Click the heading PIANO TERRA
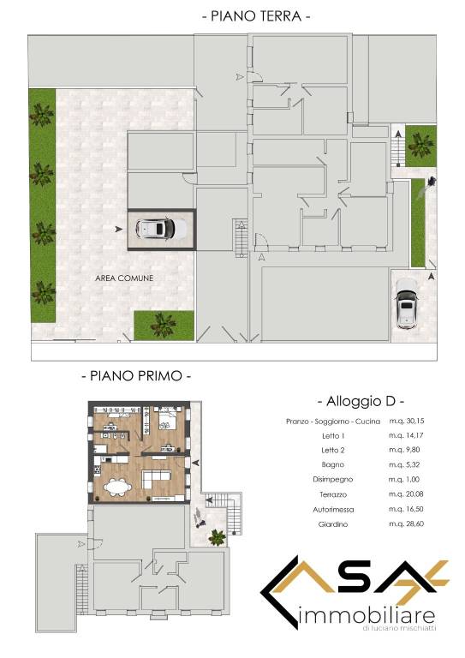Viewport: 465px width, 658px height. click(256, 16)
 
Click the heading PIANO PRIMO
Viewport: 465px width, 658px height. click(136, 375)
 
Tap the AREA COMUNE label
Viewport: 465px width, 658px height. click(124, 278)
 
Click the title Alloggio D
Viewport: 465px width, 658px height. click(361, 401)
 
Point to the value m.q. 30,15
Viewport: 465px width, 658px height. click(406, 421)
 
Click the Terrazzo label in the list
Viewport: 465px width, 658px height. click(333, 494)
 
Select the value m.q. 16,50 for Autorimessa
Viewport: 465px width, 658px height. click(406, 509)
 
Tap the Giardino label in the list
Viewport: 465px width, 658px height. click(333, 524)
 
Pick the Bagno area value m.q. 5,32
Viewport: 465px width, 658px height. click(404, 464)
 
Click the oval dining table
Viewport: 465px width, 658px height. click(118, 488)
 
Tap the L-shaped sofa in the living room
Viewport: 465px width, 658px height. click(156, 478)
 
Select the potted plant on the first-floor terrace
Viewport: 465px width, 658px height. click(217, 537)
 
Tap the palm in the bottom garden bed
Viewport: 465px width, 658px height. click(163, 325)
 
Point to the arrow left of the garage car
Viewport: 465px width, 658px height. click(119, 229)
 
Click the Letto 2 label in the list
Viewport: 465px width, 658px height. click(333, 451)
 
